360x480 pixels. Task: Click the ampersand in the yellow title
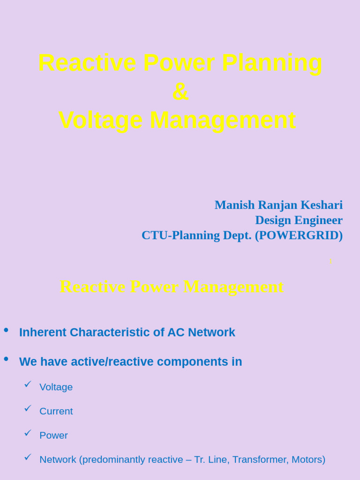coord(180,92)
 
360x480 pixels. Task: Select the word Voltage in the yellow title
coord(100,120)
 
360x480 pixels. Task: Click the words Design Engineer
coord(299,220)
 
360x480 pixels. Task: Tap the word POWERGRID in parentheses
coord(299,235)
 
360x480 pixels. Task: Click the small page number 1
coord(330,261)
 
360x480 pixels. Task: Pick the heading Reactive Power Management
coord(172,286)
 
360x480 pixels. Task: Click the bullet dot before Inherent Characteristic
coord(6,330)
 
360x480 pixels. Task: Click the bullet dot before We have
coord(6,359)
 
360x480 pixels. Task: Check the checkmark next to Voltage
coord(28,384)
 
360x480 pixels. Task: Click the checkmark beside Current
coord(28,408)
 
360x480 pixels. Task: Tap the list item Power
coord(53,435)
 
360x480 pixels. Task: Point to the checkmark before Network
coord(28,457)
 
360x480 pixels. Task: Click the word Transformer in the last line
coord(259,459)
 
